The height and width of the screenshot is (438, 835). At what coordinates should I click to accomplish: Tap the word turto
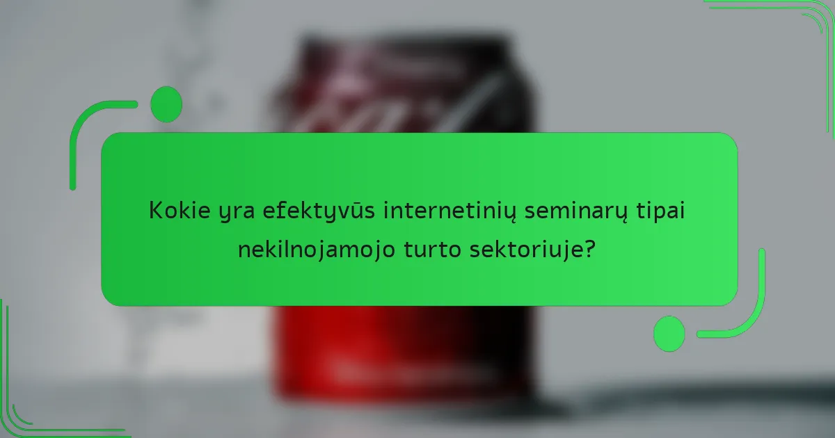point(427,250)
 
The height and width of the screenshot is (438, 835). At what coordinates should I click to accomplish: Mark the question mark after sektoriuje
point(590,249)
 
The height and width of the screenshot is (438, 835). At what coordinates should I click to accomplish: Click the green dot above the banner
point(166,104)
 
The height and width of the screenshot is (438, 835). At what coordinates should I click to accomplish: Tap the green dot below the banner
point(669,333)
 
